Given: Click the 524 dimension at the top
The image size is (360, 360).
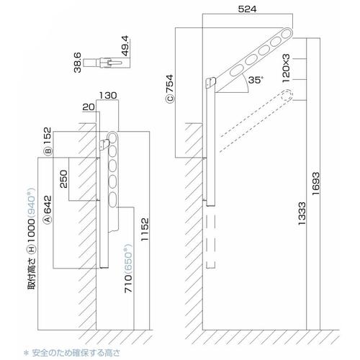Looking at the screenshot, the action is point(247,9).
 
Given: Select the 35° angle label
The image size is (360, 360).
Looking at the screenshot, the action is point(256,80).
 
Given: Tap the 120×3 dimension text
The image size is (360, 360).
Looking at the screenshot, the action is point(286,68).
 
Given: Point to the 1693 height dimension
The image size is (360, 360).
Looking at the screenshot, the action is point(316,184).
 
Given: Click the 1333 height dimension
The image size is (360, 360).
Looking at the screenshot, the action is point(302,213).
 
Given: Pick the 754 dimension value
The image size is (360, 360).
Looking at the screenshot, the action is point(169,84).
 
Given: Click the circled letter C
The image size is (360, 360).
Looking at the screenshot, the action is point(170,99).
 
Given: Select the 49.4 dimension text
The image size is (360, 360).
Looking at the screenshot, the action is point(125,46).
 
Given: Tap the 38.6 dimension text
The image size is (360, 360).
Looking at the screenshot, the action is point(78,63).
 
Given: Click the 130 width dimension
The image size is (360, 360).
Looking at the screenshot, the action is point(108,95).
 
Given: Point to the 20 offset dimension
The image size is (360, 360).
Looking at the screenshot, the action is point(89,107).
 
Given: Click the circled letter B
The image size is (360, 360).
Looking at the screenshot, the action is point(48,151).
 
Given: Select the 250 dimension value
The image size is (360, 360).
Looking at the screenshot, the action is point(63,179).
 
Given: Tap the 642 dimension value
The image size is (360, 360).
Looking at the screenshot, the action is point(48,204).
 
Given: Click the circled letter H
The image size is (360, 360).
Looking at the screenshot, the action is point(32,250).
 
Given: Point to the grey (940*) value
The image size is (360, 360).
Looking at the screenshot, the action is point(32,203).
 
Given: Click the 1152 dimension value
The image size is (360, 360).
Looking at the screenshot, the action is point(145,229).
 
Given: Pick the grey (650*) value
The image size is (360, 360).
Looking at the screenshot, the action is point(128,258).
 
